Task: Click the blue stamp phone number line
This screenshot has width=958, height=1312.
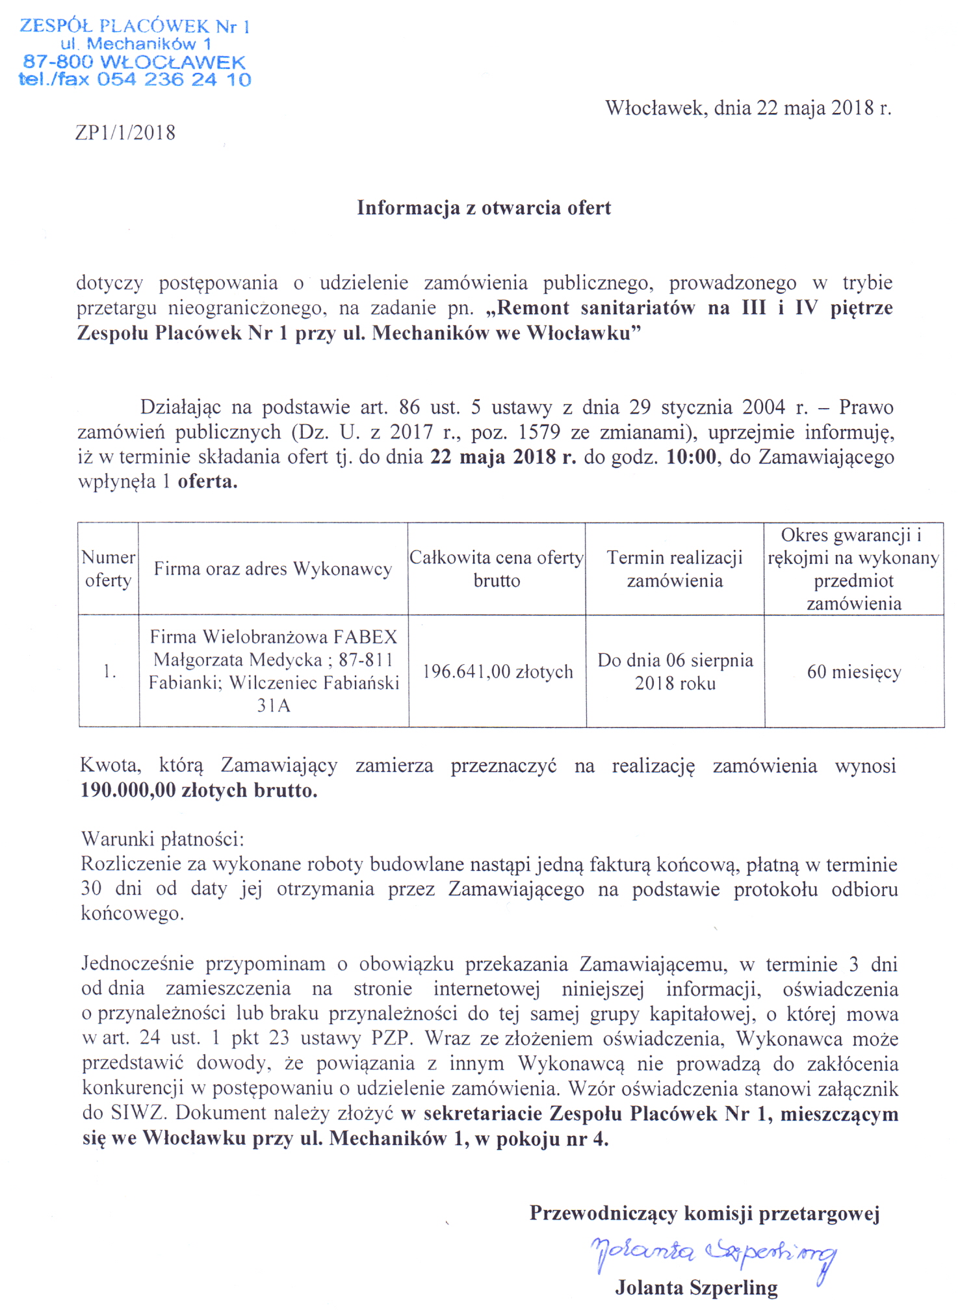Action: pyautogui.click(x=135, y=80)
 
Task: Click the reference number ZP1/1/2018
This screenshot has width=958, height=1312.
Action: pyautogui.click(x=125, y=133)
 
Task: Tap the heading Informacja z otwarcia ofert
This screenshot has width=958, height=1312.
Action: pyautogui.click(x=484, y=208)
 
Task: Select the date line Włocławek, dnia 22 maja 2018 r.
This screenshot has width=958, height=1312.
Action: pyautogui.click(x=748, y=108)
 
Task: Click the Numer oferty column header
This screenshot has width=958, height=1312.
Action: pyautogui.click(x=108, y=569)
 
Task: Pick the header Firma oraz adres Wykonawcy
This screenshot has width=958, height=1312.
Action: pyautogui.click(x=273, y=569)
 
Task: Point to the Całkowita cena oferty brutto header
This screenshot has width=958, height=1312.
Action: pyautogui.click(x=497, y=569)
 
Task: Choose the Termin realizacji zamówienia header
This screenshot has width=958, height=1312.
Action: pyautogui.click(x=675, y=569)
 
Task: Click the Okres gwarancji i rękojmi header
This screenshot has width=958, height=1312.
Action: pyautogui.click(x=853, y=569)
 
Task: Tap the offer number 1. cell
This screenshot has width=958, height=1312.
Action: pyautogui.click(x=109, y=671)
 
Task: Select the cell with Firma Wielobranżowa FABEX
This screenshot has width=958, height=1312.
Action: pyautogui.click(x=274, y=671)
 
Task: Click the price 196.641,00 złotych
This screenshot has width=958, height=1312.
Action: pyautogui.click(x=498, y=671)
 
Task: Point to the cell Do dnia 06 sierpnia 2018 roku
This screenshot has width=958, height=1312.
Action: pyautogui.click(x=675, y=671)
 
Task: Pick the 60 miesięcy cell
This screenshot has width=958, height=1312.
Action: pyautogui.click(x=854, y=671)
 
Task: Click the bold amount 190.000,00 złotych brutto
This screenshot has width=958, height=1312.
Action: pyautogui.click(x=199, y=790)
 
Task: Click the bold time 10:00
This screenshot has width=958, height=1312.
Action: pyautogui.click(x=690, y=457)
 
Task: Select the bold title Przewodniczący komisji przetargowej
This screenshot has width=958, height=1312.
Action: pyautogui.click(x=704, y=1213)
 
